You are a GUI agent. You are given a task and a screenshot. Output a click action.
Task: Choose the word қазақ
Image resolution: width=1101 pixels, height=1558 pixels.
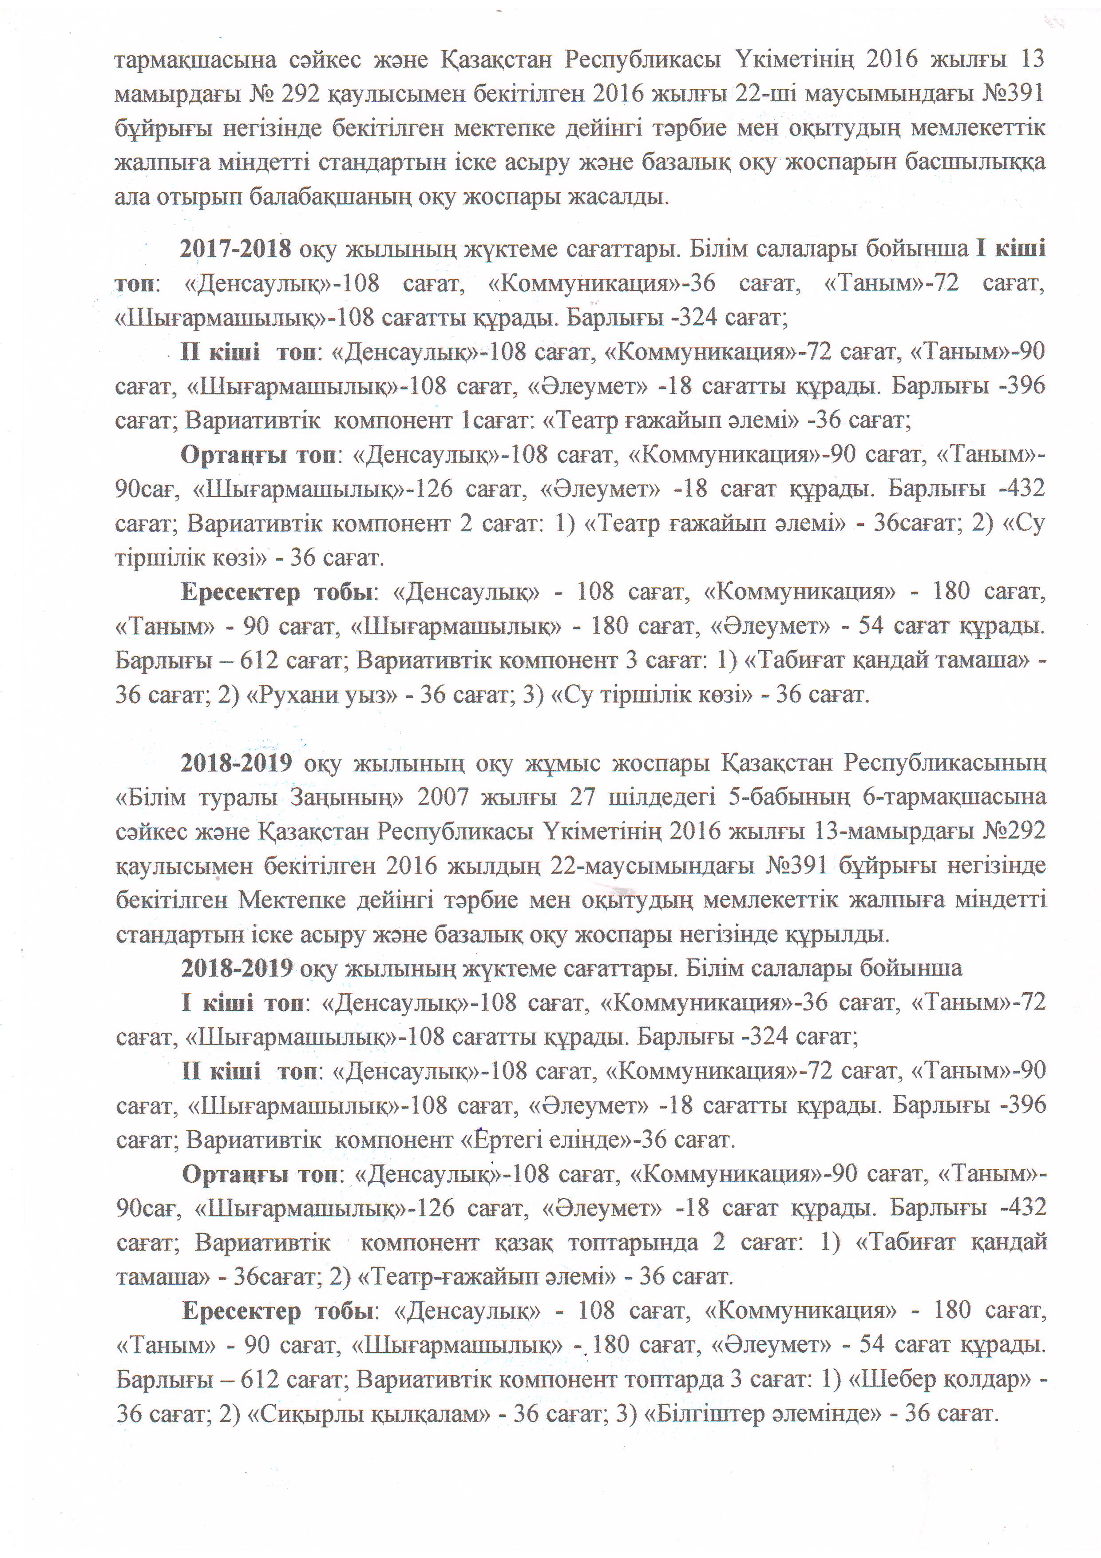(x=523, y=1243)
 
